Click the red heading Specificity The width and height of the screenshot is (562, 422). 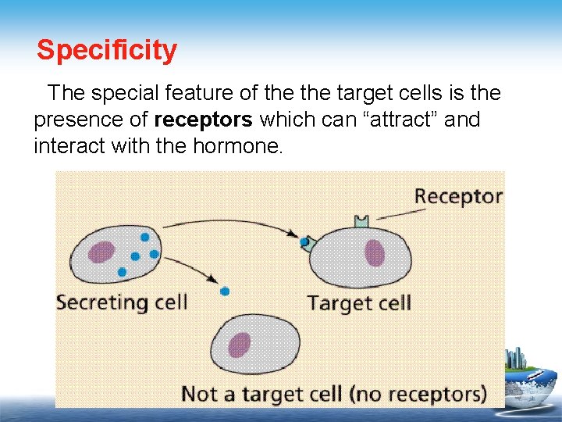tap(107, 51)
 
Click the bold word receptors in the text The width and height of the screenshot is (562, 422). tap(204, 120)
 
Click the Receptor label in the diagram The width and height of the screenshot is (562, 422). tap(458, 195)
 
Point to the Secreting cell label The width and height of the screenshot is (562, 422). tap(122, 302)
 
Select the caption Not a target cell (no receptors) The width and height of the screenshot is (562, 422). tap(333, 393)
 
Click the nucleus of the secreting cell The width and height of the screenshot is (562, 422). tap(101, 252)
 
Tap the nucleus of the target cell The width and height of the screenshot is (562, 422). tap(375, 253)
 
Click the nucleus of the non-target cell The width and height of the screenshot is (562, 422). tap(240, 345)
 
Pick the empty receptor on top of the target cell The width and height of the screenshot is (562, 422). tap(361, 222)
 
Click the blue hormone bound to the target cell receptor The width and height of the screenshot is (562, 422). tap(304, 242)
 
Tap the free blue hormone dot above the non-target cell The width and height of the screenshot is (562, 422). tap(225, 291)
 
